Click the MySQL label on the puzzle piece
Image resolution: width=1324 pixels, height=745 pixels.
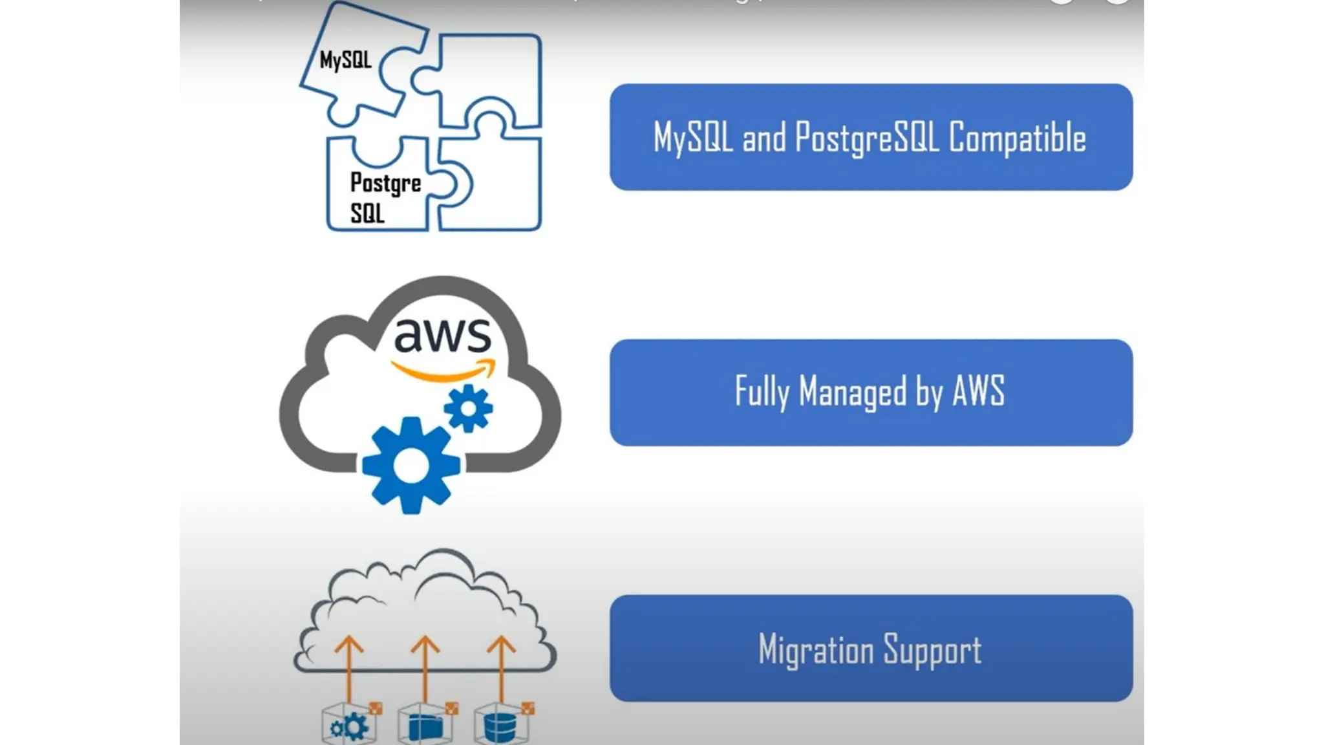pos(345,60)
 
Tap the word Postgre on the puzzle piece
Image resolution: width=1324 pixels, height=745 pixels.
pos(385,183)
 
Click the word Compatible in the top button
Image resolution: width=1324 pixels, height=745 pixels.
pos(1017,138)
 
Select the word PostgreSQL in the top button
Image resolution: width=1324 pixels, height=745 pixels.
pos(866,138)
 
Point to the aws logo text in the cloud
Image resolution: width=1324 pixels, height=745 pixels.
pos(442,335)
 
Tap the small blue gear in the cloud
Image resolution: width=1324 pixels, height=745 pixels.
pos(468,408)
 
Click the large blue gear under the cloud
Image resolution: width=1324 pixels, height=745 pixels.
pos(411,466)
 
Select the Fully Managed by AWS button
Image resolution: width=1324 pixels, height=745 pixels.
pos(870,393)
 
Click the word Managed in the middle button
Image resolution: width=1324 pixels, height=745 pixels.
pos(852,392)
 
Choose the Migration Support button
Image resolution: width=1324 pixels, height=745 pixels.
pos(870,648)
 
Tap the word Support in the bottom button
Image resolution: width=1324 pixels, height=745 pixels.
pos(932,649)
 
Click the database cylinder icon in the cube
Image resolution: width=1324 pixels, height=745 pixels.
pos(500,728)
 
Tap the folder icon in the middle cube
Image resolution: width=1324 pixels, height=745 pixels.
pos(425,728)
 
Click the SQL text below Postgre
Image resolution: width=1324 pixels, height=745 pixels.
pos(367,213)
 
